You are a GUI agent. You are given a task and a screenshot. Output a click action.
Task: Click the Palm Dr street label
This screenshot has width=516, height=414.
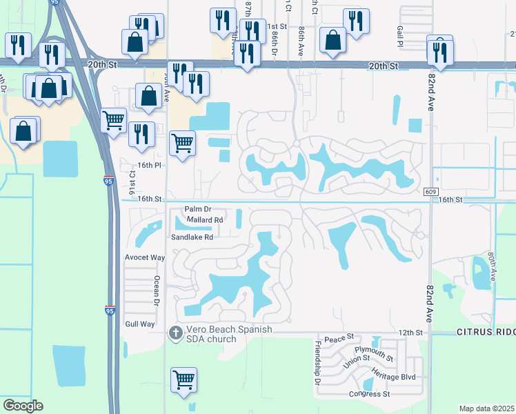pyautogui.click(x=197, y=209)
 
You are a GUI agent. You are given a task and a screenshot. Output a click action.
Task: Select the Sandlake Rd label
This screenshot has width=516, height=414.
pyautogui.click(x=192, y=237)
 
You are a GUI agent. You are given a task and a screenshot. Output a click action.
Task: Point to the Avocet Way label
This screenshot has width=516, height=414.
pyautogui.click(x=145, y=257)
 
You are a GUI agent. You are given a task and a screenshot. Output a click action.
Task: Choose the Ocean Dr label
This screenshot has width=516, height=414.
pyautogui.click(x=157, y=290)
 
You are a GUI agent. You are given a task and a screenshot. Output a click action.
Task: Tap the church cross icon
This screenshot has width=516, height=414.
pyautogui.click(x=176, y=333)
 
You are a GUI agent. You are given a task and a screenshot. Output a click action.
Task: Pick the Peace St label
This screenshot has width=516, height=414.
pyautogui.click(x=339, y=337)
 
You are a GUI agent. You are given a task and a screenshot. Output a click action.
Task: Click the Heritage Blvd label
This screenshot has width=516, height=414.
pyautogui.click(x=394, y=373)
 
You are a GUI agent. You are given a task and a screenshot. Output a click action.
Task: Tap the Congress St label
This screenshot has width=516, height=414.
pyautogui.click(x=369, y=394)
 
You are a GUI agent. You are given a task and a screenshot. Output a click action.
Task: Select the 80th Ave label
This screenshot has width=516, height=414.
pyautogui.click(x=492, y=265)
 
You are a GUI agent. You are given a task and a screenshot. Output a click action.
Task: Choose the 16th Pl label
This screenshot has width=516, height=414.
pyautogui.click(x=148, y=166)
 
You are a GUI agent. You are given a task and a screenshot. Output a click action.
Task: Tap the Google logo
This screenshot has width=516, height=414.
pyautogui.click(x=23, y=406)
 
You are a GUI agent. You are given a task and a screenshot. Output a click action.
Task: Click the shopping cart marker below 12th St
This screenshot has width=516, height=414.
pyautogui.click(x=183, y=380)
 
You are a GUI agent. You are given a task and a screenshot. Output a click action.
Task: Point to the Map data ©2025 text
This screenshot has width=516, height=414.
pyautogui.click(x=486, y=408)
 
